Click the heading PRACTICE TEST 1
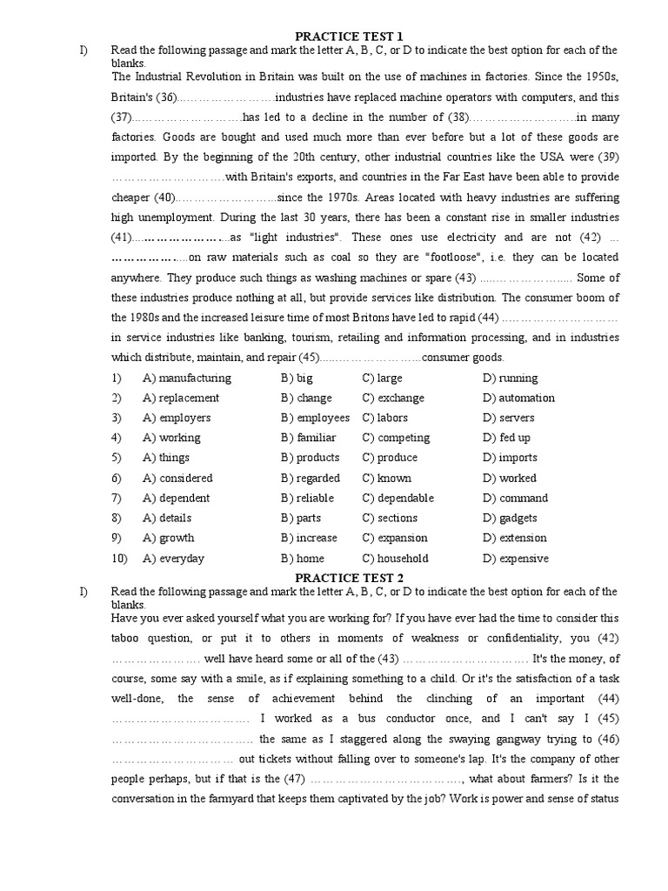pyautogui.click(x=349, y=36)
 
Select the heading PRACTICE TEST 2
pyautogui.click(x=349, y=578)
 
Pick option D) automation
pyautogui.click(x=518, y=398)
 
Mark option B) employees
pyautogui.click(x=315, y=418)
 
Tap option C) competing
pyautogui.click(x=396, y=438)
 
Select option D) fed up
pyautogui.click(x=506, y=438)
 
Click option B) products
pyautogui.click(x=310, y=458)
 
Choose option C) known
pyautogui.click(x=387, y=478)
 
